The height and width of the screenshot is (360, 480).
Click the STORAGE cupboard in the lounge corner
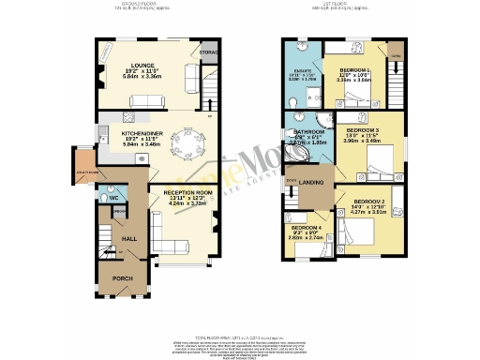pos(208,53)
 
